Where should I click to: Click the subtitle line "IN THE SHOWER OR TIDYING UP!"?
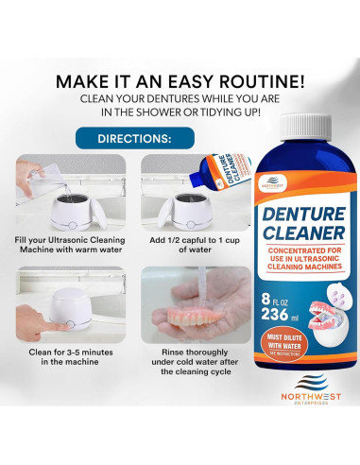(x=180, y=112)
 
